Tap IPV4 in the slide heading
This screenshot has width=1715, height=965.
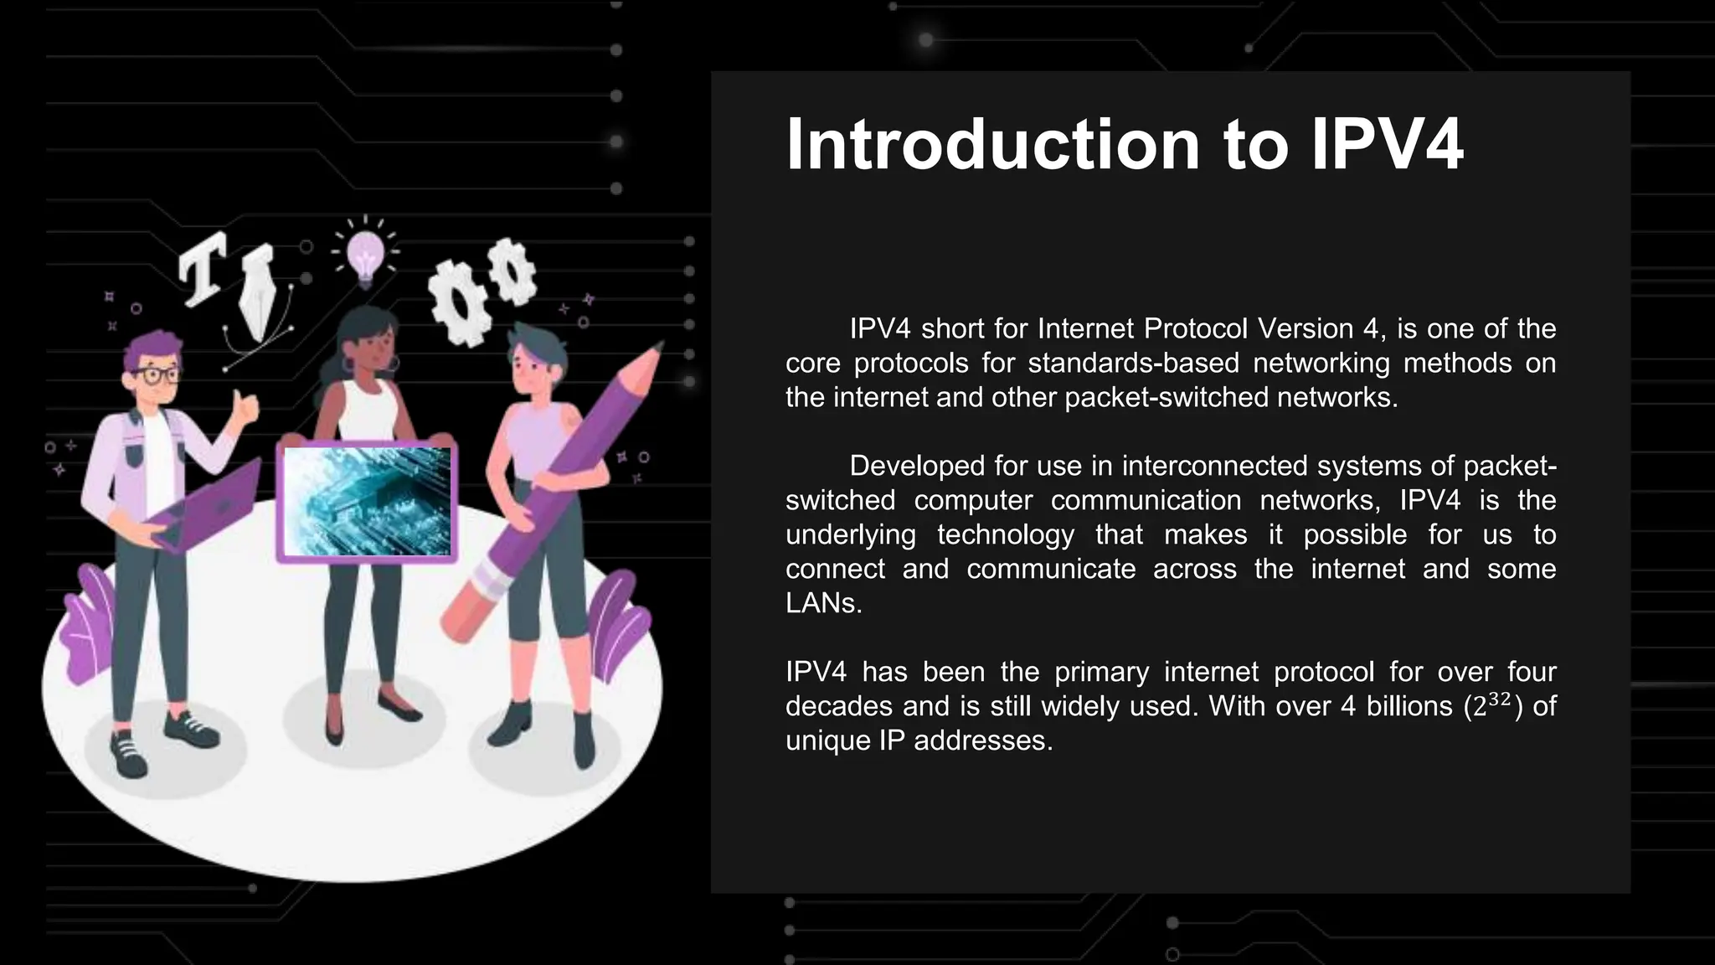(1387, 145)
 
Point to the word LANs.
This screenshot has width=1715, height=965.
(823, 603)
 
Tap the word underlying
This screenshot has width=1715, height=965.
(851, 534)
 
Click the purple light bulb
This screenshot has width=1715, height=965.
(366, 254)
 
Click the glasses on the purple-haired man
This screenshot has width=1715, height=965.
(155, 374)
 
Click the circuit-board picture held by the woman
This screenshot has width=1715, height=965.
(367, 501)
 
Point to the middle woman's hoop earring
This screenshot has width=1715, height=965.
(394, 365)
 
